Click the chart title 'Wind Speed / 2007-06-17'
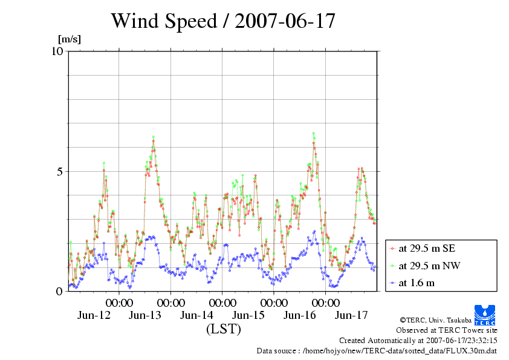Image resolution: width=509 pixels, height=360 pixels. point(222,21)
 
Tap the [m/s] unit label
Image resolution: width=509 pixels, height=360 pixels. point(69,39)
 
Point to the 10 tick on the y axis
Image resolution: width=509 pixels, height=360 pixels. point(57,51)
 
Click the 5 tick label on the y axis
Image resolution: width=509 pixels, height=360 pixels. point(60,171)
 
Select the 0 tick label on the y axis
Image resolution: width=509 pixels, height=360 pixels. point(60,291)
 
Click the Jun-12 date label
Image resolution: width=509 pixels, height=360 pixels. point(94,315)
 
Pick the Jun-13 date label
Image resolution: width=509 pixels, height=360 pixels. point(146,315)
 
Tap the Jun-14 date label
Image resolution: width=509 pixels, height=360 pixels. point(197,315)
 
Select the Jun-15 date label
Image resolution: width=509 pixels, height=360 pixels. point(248,315)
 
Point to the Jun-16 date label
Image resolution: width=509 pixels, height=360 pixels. point(300,315)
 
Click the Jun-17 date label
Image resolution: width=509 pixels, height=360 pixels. point(351,315)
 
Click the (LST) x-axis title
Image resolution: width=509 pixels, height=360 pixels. point(223,329)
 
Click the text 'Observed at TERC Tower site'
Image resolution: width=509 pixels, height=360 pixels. point(446,330)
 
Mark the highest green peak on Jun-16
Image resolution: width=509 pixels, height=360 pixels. point(313,133)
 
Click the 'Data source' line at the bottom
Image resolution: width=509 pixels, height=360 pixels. point(377,350)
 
